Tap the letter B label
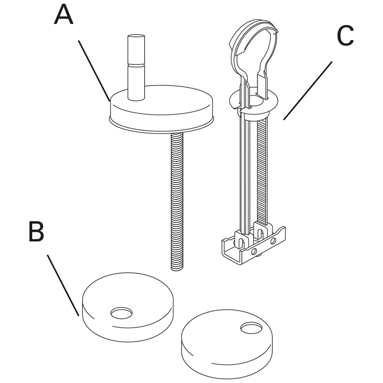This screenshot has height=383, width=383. pos(36,232)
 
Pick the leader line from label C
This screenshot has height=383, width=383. pos(308,91)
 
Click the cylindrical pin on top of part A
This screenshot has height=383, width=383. pos(136,67)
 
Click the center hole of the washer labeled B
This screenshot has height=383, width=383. pos(121,313)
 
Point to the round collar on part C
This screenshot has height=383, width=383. pos(253,103)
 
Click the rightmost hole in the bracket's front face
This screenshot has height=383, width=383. pos(273,241)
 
